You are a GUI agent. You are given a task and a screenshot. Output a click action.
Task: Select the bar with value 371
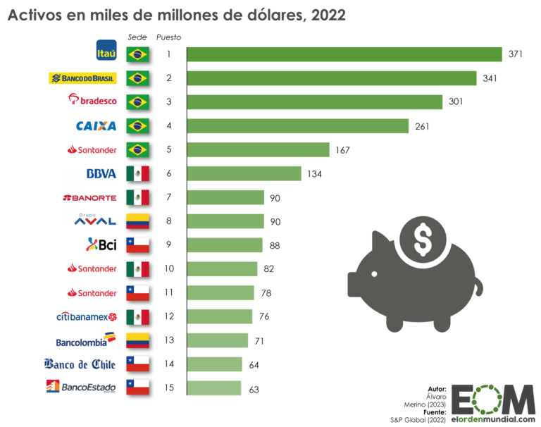coord(344,54)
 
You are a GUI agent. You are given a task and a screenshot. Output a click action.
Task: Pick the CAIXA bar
coord(298,125)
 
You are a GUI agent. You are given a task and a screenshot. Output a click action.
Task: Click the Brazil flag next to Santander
coord(137,150)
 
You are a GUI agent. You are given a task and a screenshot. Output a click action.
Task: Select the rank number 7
coord(168,197)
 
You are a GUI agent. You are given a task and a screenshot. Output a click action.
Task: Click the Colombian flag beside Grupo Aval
coord(137,221)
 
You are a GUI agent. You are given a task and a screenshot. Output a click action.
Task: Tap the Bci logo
coord(101,245)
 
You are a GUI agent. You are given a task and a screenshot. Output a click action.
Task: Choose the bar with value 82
coord(223,268)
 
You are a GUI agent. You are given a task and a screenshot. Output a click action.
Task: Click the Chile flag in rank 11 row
coord(137,292)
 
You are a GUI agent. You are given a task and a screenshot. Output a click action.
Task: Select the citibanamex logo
coord(86,316)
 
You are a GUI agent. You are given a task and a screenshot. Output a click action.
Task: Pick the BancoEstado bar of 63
coord(214,388)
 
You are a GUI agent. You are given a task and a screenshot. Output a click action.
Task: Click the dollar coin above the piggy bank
coord(423,240)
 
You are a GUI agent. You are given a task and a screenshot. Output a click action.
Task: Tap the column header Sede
coord(137,37)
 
